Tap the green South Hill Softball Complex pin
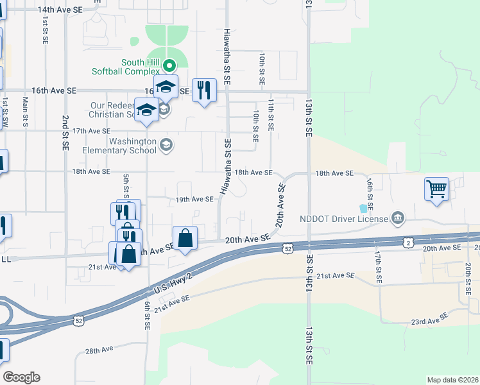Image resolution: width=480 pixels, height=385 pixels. click(x=169, y=65)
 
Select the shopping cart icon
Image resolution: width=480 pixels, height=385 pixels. click(x=436, y=189)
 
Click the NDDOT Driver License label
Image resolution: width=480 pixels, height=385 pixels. click(x=344, y=219)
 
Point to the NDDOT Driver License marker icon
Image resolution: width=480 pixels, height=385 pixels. click(x=398, y=218)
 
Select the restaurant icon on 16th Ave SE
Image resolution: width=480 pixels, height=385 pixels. click(x=204, y=90)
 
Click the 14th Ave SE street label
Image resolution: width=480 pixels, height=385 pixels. click(x=60, y=10)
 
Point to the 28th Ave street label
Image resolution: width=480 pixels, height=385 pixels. click(x=99, y=350)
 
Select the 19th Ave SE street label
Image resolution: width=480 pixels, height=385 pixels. click(x=194, y=200)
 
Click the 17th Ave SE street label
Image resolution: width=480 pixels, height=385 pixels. click(x=90, y=131)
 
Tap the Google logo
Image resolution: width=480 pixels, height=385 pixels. click(x=21, y=377)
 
